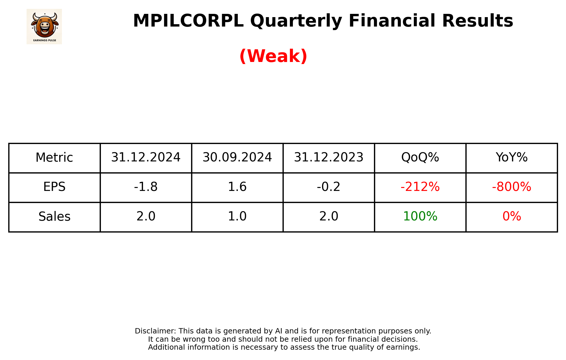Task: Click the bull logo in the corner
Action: click(x=44, y=27)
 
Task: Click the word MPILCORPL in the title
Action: click(x=188, y=21)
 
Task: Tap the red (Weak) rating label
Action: click(x=273, y=56)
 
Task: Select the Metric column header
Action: click(x=54, y=158)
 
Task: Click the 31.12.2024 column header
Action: click(x=146, y=158)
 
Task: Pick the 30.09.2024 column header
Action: click(x=237, y=158)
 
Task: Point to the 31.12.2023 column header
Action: click(x=329, y=158)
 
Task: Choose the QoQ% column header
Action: click(x=420, y=158)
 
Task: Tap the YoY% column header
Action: click(x=511, y=158)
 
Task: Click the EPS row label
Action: click(x=54, y=187)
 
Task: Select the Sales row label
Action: click(x=54, y=217)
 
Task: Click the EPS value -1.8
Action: click(x=146, y=187)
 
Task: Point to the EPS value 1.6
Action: click(x=237, y=187)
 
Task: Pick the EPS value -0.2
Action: click(x=329, y=187)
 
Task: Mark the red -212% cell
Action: click(x=420, y=187)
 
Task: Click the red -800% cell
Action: click(x=511, y=187)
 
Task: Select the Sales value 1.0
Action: click(x=237, y=216)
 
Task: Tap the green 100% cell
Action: click(x=420, y=216)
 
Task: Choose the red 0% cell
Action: click(x=511, y=216)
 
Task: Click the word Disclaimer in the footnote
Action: click(x=155, y=331)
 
